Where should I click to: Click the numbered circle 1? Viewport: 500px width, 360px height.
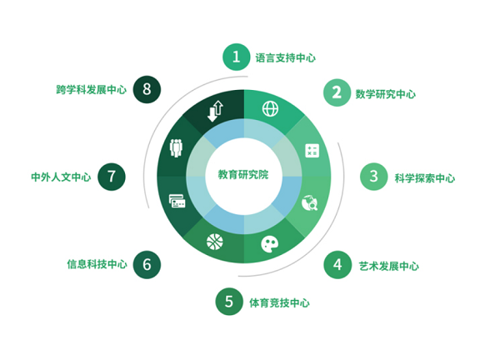236,57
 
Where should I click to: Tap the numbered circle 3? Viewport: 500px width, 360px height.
373,177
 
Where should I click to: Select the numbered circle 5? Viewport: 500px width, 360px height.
229,302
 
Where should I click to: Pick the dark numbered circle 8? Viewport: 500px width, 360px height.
147,89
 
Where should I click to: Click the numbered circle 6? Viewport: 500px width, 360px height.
147,265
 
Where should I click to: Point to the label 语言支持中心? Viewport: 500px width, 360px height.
285,58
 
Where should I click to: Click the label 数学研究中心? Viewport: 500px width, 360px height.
386,94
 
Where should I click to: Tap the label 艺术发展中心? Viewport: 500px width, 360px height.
388,266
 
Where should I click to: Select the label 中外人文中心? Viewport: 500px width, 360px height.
61,177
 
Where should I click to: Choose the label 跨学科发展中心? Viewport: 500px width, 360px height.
92,90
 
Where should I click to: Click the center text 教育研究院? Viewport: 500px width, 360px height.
243,175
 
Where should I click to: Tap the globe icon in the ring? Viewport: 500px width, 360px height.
270,109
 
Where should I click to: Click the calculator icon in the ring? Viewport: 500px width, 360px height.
312,151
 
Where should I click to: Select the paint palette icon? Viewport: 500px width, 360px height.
270,244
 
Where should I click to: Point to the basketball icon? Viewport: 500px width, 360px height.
215,242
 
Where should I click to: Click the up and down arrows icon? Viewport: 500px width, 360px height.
215,111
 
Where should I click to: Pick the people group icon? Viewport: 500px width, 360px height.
176,148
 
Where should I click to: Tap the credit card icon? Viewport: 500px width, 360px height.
177,201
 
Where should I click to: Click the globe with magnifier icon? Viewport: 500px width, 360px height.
310,202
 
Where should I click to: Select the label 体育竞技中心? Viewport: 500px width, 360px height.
279,302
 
